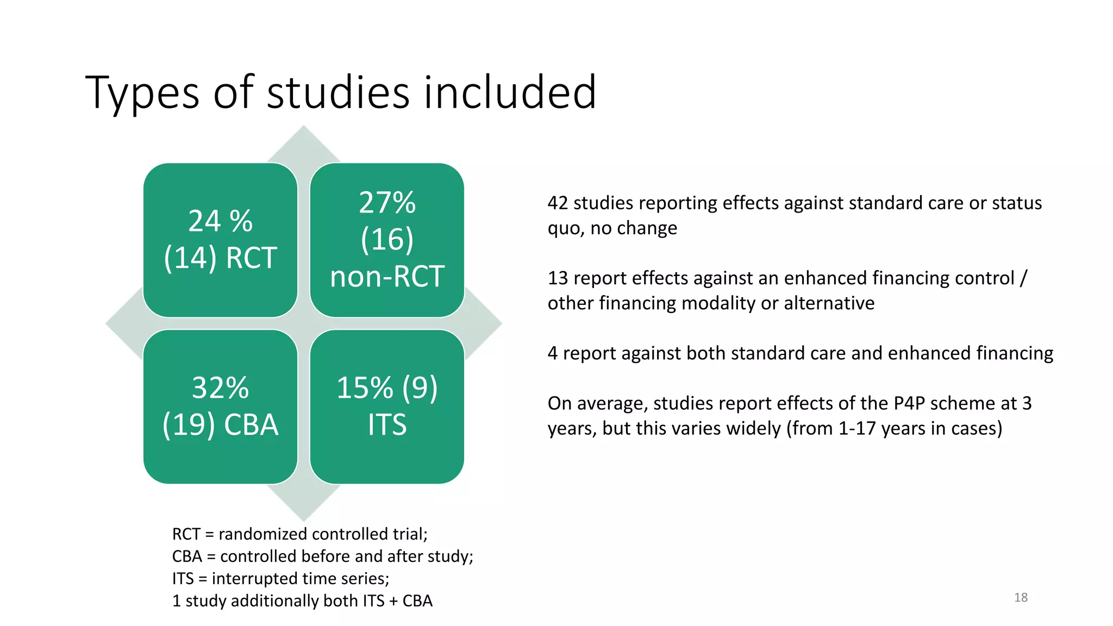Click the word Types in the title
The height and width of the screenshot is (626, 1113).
pyautogui.click(x=142, y=93)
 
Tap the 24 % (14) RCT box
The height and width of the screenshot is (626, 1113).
pyautogui.click(x=220, y=240)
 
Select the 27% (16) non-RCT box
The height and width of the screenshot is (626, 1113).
pyautogui.click(x=387, y=240)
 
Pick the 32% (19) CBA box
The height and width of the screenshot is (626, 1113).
pyautogui.click(x=220, y=406)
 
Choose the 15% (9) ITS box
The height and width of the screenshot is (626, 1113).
pyautogui.click(x=387, y=406)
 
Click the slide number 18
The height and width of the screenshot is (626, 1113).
pyautogui.click(x=1021, y=598)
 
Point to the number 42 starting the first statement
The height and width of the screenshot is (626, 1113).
pyautogui.click(x=558, y=203)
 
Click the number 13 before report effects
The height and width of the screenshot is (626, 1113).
pyautogui.click(x=558, y=278)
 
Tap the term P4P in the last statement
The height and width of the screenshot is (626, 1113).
pyautogui.click(x=909, y=403)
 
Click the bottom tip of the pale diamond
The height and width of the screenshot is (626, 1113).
pyautogui.click(x=304, y=519)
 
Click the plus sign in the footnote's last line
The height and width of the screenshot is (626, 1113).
pyautogui.click(x=393, y=601)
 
